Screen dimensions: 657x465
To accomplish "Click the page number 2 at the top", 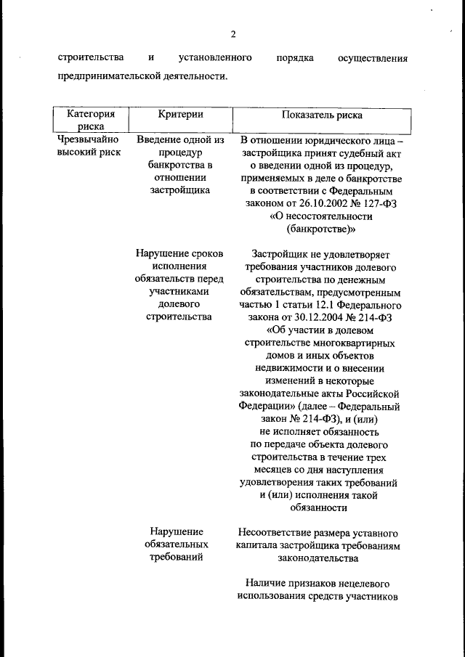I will click(x=233, y=34).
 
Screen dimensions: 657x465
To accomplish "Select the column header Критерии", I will click(x=180, y=115).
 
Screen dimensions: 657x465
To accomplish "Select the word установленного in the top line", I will click(x=215, y=57).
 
